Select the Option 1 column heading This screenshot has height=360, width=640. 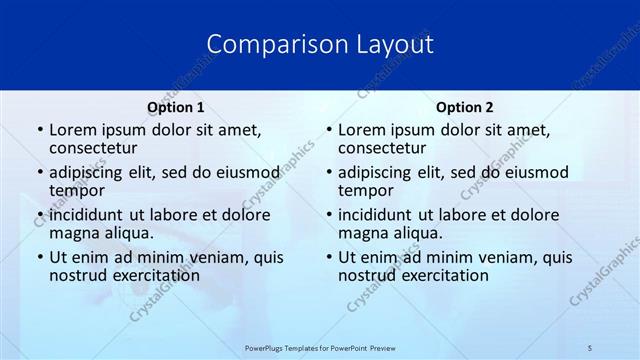[176, 107]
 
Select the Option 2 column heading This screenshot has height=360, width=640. [464, 107]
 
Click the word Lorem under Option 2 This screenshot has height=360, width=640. [361, 130]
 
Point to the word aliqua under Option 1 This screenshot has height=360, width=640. [127, 233]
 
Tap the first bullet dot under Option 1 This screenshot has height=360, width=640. [39, 131]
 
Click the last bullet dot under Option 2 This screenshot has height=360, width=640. [328, 257]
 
